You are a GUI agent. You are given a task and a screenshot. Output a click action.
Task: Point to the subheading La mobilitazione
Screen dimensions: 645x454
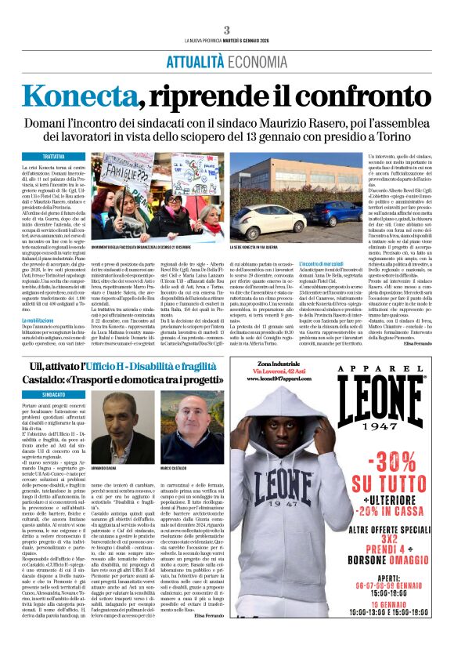tap(49, 321)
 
